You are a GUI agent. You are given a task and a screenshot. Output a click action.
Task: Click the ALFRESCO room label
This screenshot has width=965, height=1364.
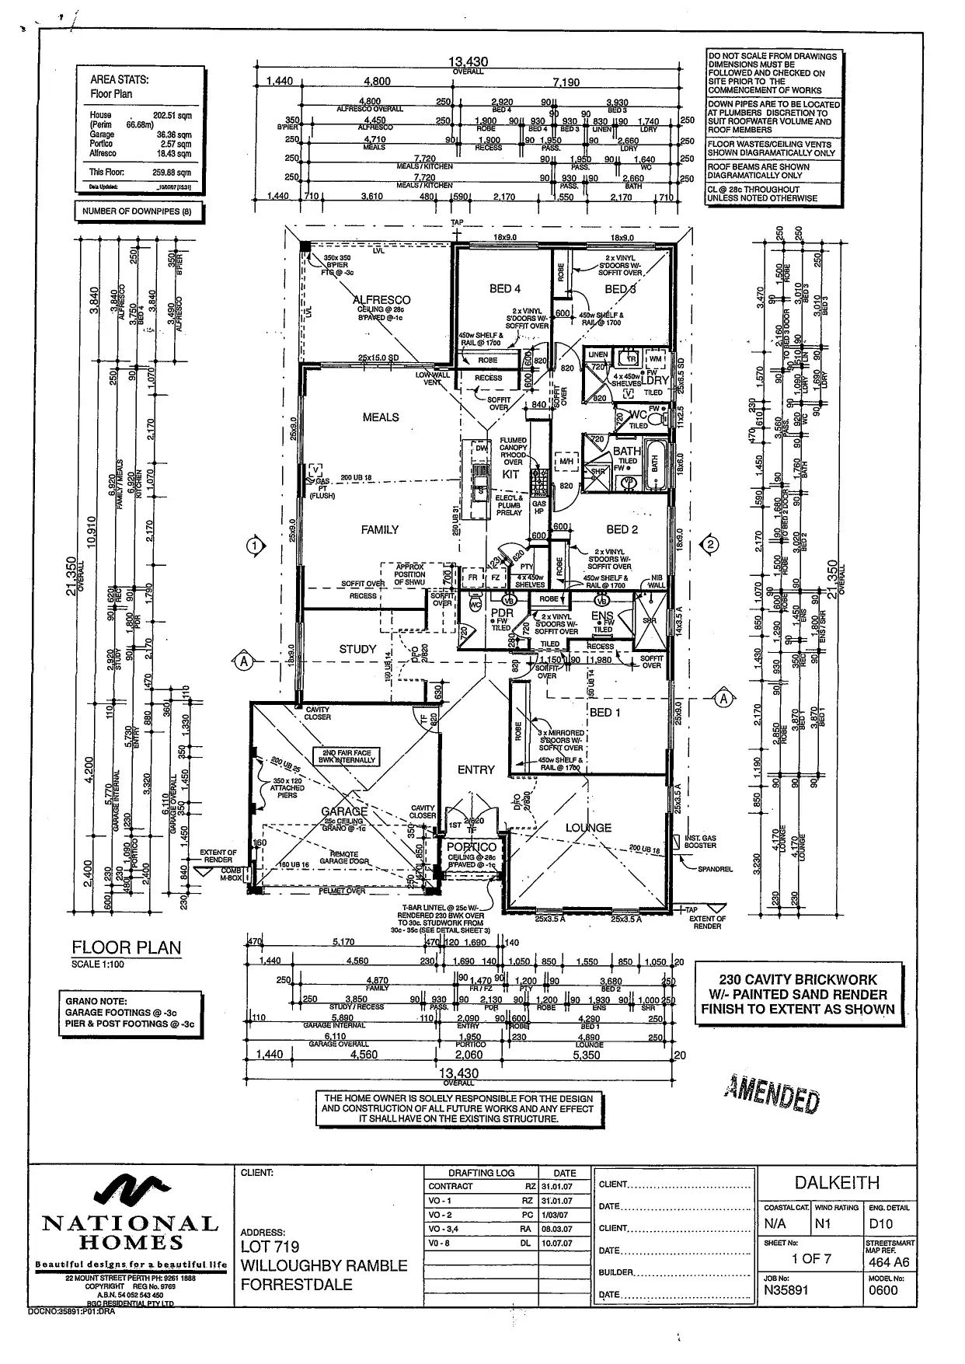pos(381,299)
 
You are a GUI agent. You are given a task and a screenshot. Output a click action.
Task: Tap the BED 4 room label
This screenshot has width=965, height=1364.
pos(505,289)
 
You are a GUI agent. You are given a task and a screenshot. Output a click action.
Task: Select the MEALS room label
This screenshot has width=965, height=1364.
pos(381,417)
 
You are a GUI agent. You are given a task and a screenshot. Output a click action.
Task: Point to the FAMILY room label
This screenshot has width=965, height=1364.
pos(380,529)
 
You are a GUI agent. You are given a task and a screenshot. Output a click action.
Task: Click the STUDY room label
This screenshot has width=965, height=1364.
pos(357,649)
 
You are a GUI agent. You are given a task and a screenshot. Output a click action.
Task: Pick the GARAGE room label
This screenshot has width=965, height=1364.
pos(344,811)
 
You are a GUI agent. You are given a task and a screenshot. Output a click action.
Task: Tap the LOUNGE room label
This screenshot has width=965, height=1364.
pos(588,828)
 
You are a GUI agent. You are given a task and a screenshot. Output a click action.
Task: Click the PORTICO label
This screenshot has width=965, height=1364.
pos(472,847)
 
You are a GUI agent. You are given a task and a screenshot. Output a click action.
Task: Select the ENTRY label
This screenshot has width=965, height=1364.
pos(476,769)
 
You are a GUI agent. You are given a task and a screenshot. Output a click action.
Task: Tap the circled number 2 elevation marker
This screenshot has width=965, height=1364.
pos(710,545)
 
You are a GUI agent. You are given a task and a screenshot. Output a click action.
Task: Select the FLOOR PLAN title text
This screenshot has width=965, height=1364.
pos(126,947)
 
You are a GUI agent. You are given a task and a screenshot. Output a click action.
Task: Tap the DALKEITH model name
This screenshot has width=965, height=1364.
pos(837,1183)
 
